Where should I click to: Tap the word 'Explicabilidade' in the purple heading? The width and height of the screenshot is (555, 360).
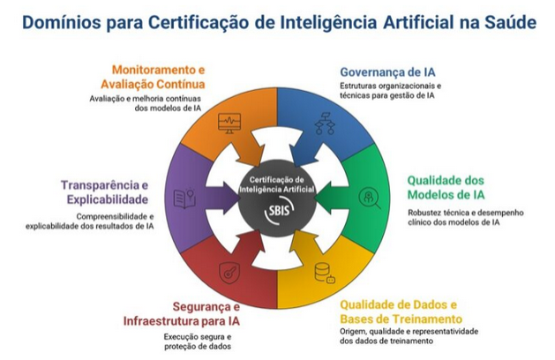[107, 199]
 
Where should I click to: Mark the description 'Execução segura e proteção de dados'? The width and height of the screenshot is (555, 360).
[198, 341]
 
